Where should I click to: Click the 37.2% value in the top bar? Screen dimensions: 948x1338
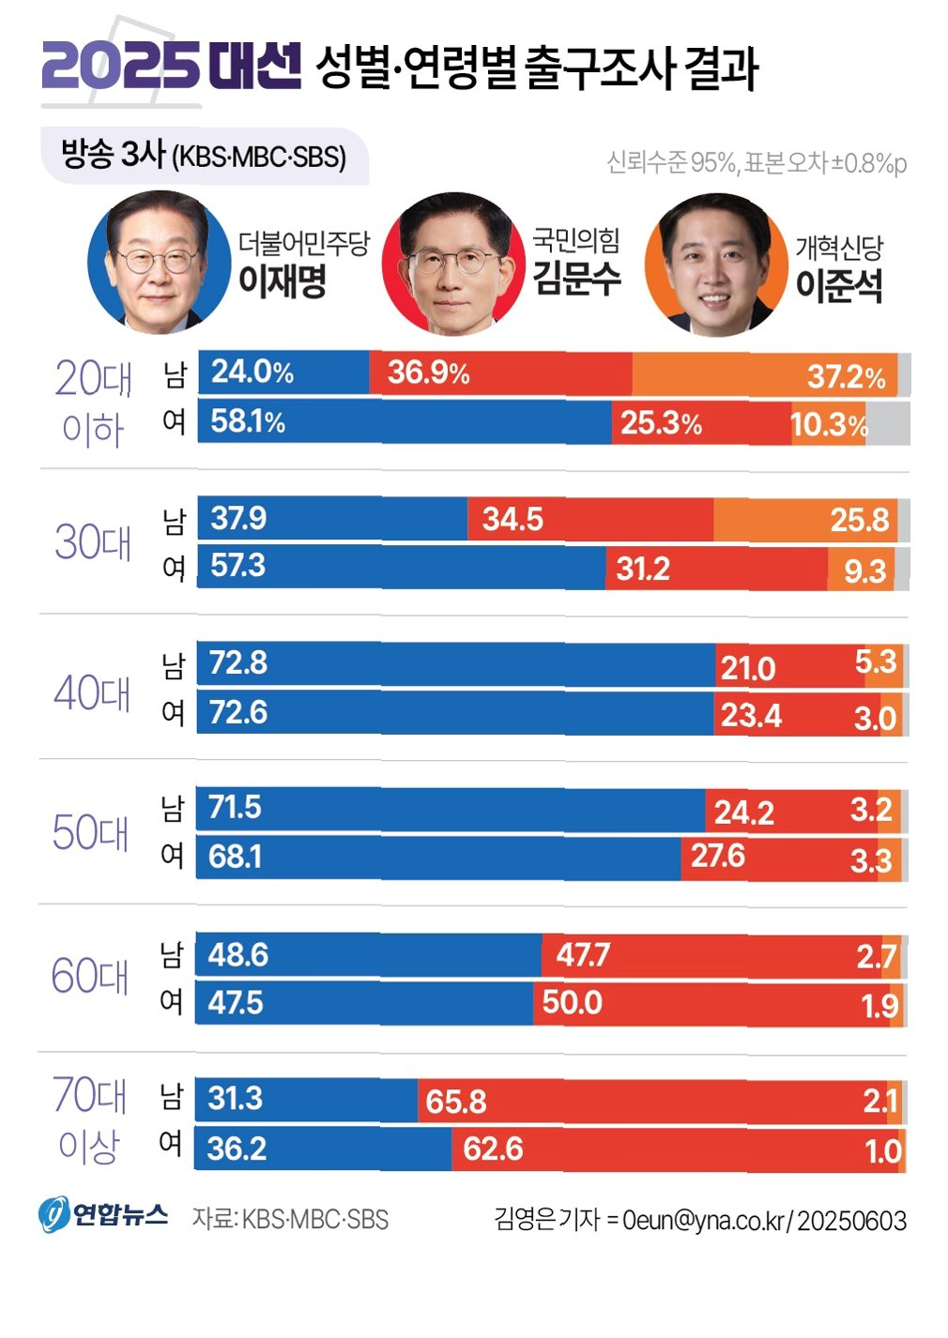coord(846,377)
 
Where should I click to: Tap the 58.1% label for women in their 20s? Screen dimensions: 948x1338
coord(247,421)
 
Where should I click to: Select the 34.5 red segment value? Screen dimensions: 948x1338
coord(512,519)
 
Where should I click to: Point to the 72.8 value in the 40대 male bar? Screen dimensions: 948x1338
coord(238,663)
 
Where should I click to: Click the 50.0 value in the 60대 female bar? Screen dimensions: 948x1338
coord(572,1002)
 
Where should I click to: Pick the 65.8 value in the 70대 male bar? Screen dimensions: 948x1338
coord(456,1101)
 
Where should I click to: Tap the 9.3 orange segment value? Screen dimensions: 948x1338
coord(864,571)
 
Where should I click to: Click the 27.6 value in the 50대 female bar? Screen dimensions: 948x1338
coord(717,856)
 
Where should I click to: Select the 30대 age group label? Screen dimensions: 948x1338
coord(93,542)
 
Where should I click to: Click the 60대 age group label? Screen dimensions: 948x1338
coord(89,976)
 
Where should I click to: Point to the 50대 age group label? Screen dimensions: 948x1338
coord(90,832)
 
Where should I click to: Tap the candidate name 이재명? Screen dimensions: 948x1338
coord(282,281)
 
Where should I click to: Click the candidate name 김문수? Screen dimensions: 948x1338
coord(576,278)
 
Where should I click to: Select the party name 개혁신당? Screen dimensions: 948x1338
coord(839,248)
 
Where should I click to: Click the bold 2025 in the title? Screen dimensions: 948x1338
coord(120,66)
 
